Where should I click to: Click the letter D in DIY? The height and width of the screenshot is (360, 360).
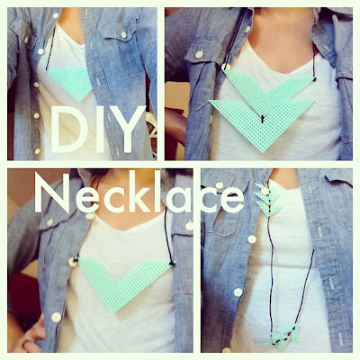point(67,130)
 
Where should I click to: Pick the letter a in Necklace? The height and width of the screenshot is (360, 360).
point(188,197)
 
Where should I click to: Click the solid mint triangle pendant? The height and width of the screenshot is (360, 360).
point(69,84)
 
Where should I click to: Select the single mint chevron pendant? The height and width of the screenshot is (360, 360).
point(124,288)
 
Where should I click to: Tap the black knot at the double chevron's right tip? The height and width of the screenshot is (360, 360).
point(315,79)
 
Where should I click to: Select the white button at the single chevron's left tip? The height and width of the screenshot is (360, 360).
point(73,262)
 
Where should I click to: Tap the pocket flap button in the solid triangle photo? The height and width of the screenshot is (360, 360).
point(123,35)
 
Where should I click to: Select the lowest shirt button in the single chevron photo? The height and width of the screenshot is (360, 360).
point(56,318)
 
